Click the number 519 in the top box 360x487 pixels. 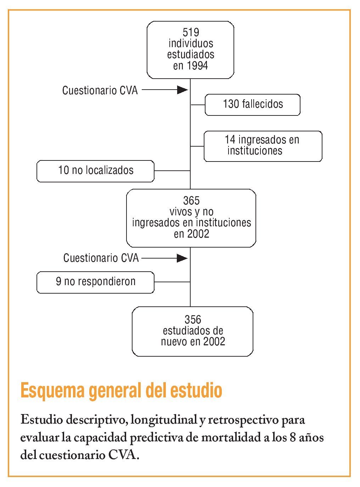191,33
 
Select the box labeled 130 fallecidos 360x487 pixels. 253,104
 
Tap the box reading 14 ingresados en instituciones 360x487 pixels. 263,146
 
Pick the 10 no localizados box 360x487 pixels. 96,171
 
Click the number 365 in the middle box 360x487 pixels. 191,201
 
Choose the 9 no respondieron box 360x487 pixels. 96,282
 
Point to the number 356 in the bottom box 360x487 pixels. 193,320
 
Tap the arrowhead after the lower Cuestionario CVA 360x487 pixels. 182,258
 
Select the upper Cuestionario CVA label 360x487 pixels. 100,91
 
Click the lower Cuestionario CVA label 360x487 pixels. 101,258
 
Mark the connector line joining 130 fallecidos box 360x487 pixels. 198,105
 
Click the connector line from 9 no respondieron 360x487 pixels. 172,282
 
